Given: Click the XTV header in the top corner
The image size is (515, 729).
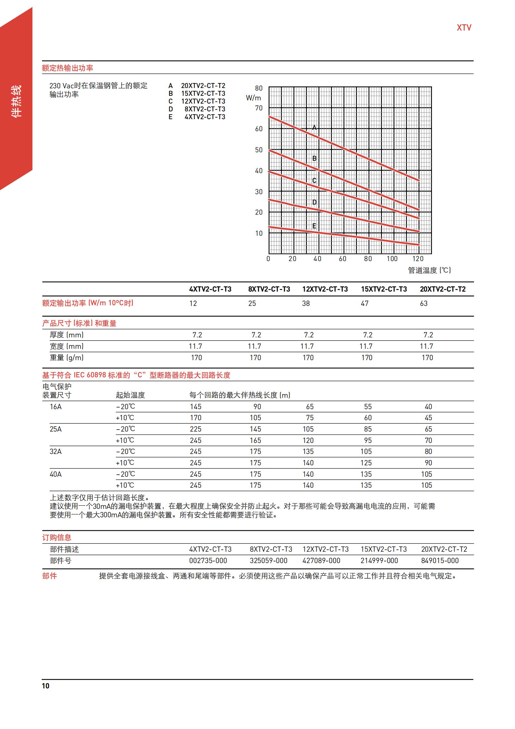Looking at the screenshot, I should point(464,28).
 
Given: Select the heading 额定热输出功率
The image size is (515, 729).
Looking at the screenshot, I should point(67,68).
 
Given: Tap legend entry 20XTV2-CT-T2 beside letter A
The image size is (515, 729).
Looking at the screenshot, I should point(203,86).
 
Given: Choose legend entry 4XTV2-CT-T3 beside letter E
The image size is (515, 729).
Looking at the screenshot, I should point(205,117).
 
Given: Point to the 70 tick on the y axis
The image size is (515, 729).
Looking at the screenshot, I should point(259,108).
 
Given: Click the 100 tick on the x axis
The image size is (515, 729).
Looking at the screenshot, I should point(392,259).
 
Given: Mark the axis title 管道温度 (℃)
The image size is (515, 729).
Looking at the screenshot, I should point(429,270).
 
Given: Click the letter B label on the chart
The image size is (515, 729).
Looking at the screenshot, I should point(314,158).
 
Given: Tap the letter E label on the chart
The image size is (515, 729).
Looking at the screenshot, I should point(314,226).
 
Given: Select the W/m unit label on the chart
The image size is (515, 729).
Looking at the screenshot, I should point(253,98).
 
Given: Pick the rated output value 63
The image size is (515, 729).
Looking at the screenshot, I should point(424,304).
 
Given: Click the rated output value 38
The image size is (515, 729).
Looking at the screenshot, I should point(306,304).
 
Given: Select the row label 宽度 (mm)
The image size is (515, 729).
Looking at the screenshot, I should point(67,346).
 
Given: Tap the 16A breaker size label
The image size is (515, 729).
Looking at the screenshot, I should point(55,407).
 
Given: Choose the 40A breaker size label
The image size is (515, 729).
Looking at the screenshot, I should point(55,474).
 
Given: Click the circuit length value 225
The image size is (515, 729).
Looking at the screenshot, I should point(196,429).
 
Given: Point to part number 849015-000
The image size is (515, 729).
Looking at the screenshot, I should point(440,561).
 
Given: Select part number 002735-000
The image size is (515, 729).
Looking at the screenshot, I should point(208,561).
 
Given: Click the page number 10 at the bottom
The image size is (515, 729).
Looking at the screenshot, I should point(46,686).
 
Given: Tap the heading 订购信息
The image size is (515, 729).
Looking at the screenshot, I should point(57,538).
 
